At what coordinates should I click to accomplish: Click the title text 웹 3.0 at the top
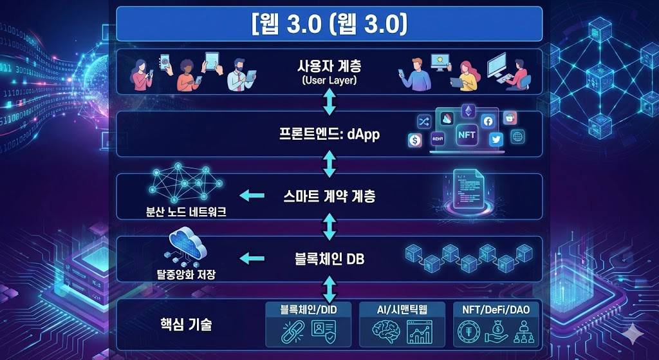coord(329,24)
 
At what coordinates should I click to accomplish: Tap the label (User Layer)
coord(329,81)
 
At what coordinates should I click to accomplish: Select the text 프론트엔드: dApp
coord(329,135)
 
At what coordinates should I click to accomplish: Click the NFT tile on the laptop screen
coord(466,136)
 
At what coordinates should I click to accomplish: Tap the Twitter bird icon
coord(495,138)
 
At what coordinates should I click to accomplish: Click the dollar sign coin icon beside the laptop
coord(414,140)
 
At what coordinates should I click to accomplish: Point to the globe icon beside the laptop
coord(517,137)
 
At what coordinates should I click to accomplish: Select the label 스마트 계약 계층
coord(329,195)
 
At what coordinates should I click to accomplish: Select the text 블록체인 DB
coord(329,258)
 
